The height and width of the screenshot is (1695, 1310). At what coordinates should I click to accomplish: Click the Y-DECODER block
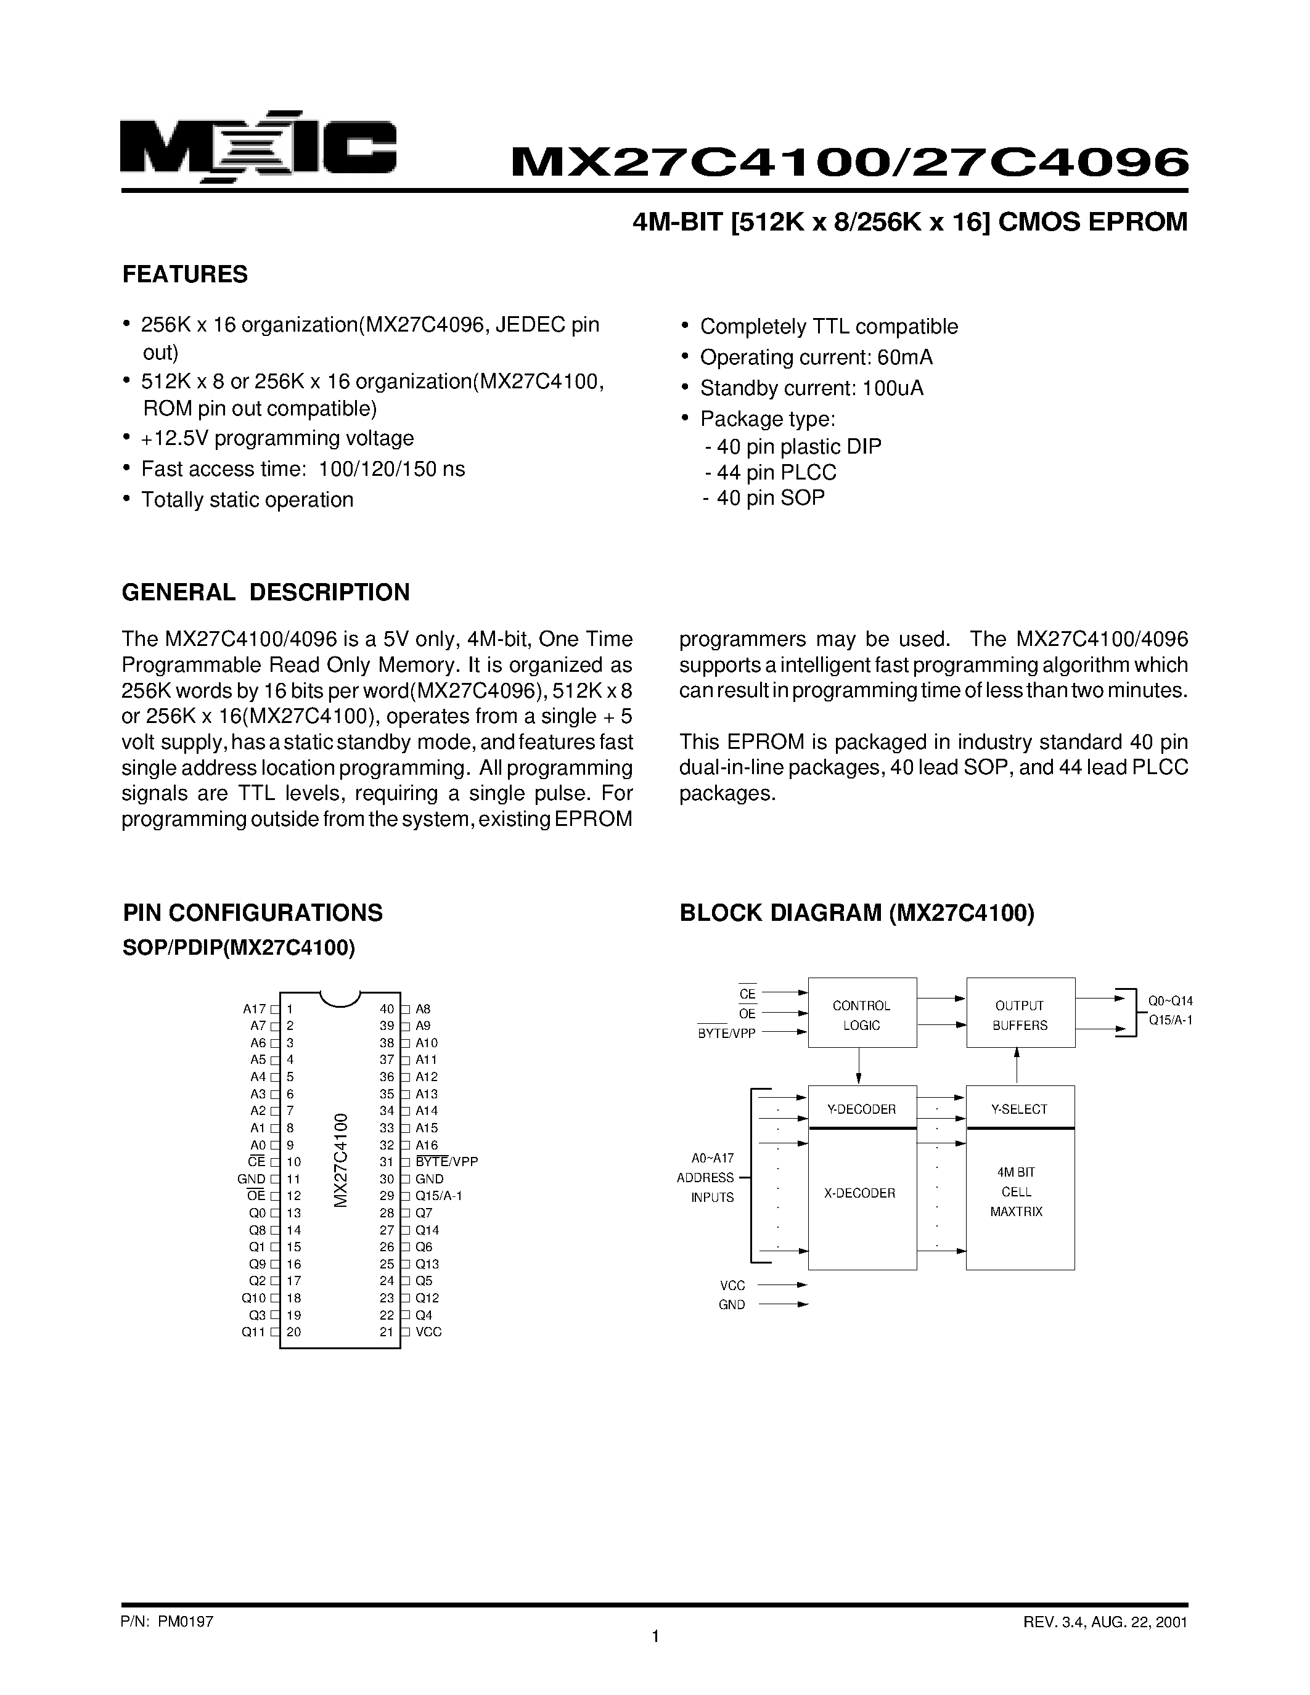(861, 1109)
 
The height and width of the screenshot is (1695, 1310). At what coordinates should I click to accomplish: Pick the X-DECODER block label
(860, 1193)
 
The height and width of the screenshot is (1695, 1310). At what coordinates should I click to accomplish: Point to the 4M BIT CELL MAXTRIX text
(1017, 1191)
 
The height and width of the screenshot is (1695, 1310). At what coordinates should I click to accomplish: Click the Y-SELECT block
(1020, 1109)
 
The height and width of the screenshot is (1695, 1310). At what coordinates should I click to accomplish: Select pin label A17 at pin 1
(254, 1009)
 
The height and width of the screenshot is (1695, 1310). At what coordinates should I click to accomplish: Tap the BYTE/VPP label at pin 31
(447, 1162)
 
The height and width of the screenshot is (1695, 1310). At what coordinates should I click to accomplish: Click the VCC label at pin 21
(428, 1332)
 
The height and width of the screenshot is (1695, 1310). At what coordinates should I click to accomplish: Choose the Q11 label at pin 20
(253, 1332)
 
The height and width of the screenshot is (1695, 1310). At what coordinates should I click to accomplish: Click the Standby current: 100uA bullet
(811, 388)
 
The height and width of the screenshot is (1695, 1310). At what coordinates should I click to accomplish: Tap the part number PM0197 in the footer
(186, 1621)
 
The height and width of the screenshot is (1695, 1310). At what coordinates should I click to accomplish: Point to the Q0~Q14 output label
(1170, 1001)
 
